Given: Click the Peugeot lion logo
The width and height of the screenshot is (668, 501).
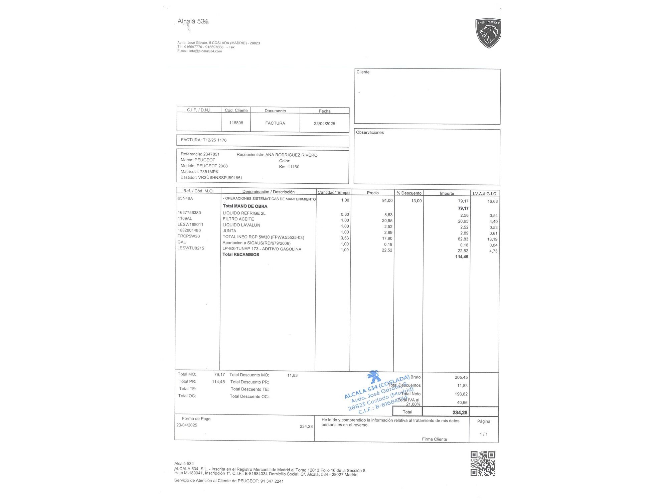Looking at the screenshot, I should coord(488,33).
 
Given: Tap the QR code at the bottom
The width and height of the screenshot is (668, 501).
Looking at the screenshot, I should coord(483,464).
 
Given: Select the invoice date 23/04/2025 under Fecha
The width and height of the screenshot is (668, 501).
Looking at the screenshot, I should coord(324,124).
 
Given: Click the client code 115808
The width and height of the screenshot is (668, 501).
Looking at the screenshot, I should coord(236,123).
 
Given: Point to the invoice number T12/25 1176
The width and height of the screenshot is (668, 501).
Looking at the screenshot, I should coord(215,140).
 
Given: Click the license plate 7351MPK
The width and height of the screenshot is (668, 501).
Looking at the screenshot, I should coord(209,172).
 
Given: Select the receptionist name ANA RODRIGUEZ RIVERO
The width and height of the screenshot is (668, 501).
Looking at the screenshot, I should coord(291,155).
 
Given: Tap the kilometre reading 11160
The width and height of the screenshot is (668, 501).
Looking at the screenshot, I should coord(294,167).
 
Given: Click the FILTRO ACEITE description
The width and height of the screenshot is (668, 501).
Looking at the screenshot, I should coord(238,219).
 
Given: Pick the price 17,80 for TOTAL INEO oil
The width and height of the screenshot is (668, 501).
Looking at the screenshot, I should coord(387,238).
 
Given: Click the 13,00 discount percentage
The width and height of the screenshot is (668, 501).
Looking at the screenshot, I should coord(416,201).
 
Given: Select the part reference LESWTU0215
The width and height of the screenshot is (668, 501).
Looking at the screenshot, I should coord(191,248).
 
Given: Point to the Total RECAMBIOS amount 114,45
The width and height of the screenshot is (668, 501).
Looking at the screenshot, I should coord(462,257).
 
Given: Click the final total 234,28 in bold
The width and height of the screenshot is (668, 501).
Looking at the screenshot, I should coord(460,412).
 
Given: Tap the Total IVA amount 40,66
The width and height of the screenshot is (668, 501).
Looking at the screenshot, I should coord(462,402).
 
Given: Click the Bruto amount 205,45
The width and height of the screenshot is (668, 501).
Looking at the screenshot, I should coord(461,377).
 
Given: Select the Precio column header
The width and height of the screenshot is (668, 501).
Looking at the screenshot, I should coord(373,193).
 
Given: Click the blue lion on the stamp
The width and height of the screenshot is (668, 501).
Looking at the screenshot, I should coord(374,377).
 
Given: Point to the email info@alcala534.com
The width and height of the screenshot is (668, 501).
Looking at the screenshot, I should coord(205,51).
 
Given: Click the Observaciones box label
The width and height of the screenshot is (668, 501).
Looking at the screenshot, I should coord(370,133).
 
